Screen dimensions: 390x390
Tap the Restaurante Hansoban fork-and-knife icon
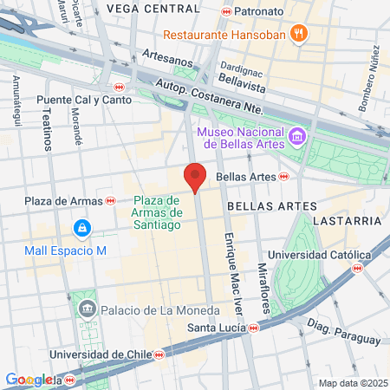[x=299, y=34]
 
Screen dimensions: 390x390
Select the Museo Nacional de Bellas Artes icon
[x=297, y=137]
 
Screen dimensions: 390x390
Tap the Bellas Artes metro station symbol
[x=283, y=176]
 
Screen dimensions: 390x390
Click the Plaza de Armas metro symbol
[x=110, y=201]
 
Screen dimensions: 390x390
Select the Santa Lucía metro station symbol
[x=253, y=328]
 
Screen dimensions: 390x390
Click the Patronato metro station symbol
[x=227, y=12]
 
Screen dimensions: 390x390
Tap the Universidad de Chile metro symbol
[x=159, y=354]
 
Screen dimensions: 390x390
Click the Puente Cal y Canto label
[x=83, y=100]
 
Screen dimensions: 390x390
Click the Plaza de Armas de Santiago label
[x=157, y=212]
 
